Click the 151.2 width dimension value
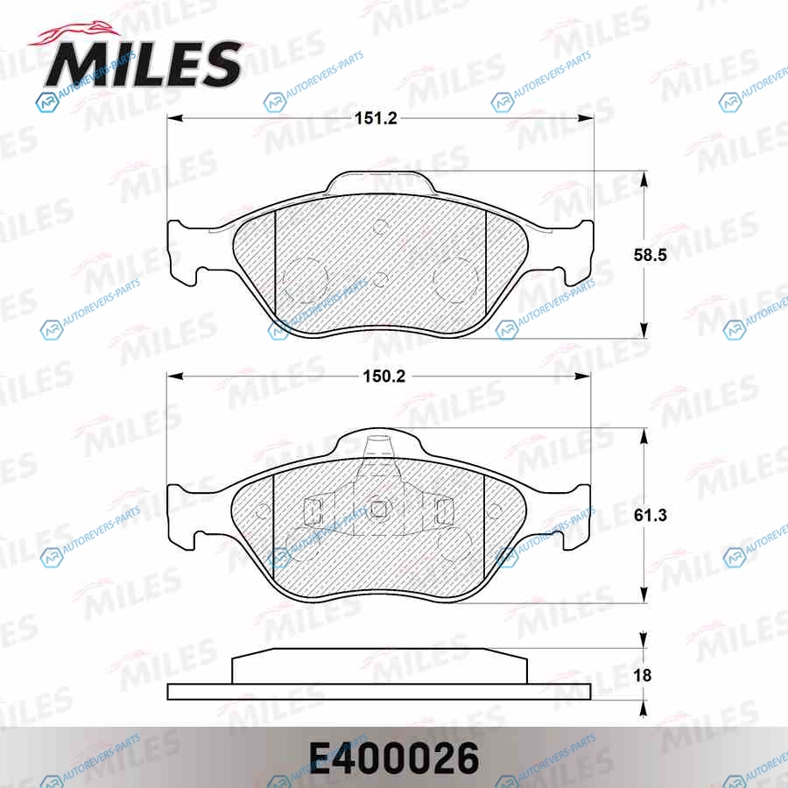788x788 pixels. coord(376,118)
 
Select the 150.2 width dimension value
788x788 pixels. coord(384,376)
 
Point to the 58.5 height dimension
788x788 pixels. coord(650,255)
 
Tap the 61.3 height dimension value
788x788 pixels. coord(650,515)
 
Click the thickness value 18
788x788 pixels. coord(643,675)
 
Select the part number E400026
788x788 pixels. coord(394,759)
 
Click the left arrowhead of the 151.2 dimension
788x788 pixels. coord(174,118)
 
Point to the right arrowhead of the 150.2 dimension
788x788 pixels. coord(583,376)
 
